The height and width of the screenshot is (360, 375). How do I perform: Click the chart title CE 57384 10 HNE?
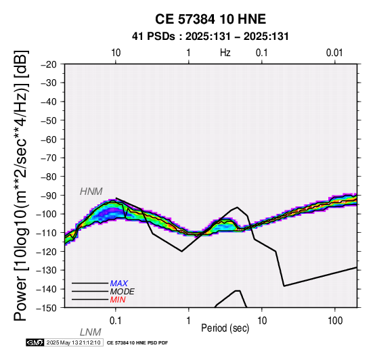point(211,19)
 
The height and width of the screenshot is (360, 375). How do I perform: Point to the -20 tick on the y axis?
point(49,64)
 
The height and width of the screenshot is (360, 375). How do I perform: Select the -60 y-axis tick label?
point(49,139)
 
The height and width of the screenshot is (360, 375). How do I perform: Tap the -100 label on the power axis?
point(46,215)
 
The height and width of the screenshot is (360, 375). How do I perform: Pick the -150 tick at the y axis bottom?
point(46,308)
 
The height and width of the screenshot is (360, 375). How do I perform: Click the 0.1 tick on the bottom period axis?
point(116,321)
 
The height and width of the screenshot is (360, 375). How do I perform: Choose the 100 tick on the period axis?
point(335,321)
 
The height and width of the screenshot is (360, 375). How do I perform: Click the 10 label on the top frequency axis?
point(116,53)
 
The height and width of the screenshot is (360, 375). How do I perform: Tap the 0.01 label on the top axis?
point(334,53)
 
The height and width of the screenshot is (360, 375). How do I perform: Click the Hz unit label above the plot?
point(225,53)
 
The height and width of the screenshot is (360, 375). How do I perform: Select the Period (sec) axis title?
point(225,328)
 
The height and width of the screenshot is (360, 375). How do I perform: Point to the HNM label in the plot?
point(91,192)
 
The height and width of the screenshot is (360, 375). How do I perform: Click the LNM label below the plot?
point(91,332)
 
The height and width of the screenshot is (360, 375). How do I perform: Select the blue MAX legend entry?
point(119,284)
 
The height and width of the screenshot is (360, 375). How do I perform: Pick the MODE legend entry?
point(123,292)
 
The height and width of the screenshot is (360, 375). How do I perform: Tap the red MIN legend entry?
point(118,300)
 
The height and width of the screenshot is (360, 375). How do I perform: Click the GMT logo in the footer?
point(35,342)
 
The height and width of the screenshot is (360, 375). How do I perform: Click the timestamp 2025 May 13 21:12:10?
point(73,342)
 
